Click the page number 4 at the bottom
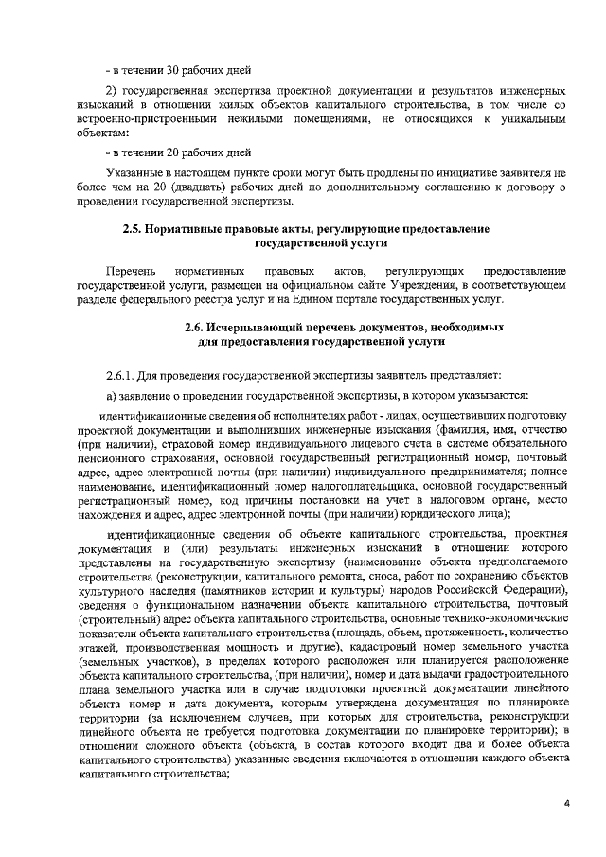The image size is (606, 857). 566,805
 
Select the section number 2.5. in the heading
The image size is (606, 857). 134,229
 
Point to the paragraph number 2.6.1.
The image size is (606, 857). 124,375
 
